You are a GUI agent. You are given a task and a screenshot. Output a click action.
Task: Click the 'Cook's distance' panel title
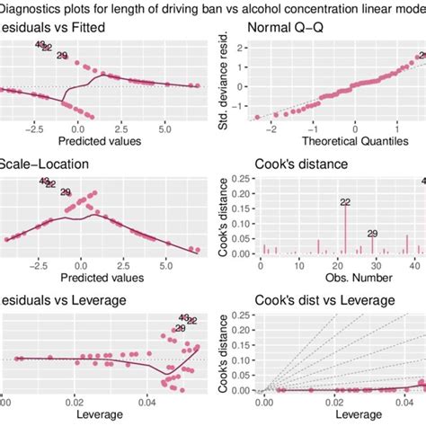[x=293, y=168]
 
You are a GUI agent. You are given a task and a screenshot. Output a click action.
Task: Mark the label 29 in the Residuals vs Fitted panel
[x=63, y=57]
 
